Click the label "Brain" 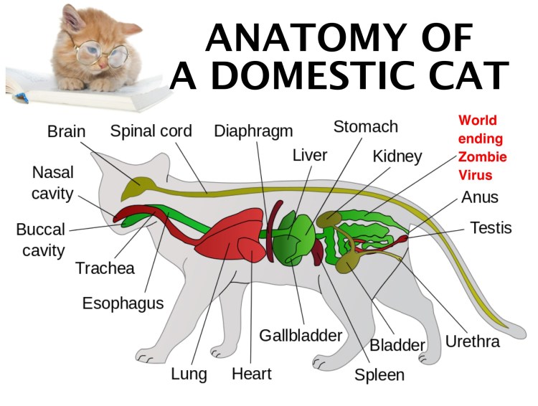pyautogui.click(x=66, y=132)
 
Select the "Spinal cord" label pyautogui.click(x=151, y=131)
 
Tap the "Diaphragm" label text pyautogui.click(x=253, y=131)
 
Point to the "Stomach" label pyautogui.click(x=365, y=127)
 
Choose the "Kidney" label pyautogui.click(x=397, y=156)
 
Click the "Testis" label pyautogui.click(x=491, y=228)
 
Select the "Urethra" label pyautogui.click(x=472, y=341)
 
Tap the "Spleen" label pyautogui.click(x=379, y=374)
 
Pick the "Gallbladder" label pyautogui.click(x=301, y=335)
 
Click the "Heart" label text pyautogui.click(x=251, y=374)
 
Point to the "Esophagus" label pyautogui.click(x=123, y=303)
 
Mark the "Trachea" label pyautogui.click(x=105, y=269)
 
